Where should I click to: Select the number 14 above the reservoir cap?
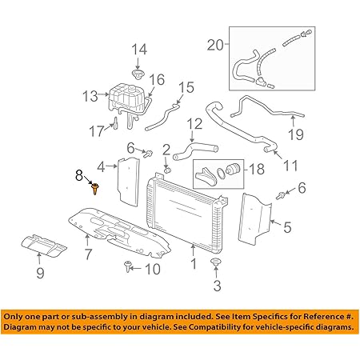[x=139, y=50]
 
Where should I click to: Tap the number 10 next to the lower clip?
[x=152, y=269]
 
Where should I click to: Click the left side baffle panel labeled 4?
[x=124, y=180]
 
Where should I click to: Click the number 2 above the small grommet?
[x=166, y=149]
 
